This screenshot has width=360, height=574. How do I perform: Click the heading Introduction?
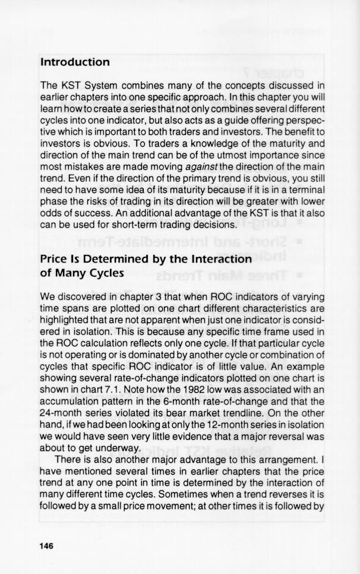[75, 62]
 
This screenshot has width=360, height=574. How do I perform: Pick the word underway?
[119, 448]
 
